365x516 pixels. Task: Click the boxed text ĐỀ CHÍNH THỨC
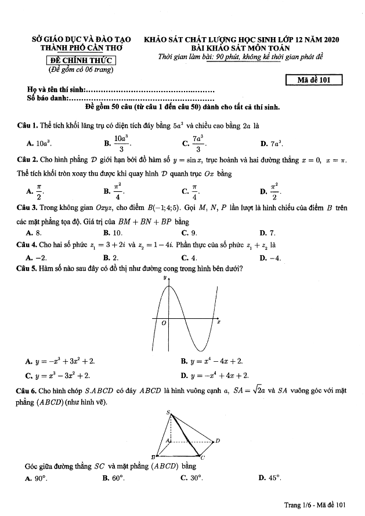(81, 61)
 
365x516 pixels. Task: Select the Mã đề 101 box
(314, 81)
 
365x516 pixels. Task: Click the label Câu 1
(28, 125)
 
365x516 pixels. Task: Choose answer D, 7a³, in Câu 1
(272, 143)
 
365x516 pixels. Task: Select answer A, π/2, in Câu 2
(35, 190)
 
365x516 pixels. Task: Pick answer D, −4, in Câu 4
(271, 258)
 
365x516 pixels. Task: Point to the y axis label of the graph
(165, 278)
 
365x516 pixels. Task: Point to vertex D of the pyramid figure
(217, 441)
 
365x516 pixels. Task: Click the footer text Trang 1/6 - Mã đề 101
(315, 505)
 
